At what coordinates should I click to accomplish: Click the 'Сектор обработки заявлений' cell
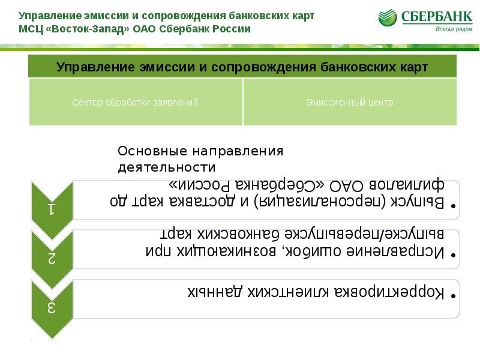coord(135,103)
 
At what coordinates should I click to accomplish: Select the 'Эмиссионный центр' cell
coord(349,103)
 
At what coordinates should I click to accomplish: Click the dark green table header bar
coord(242,66)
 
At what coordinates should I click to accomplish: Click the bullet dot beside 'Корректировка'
coord(454,296)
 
